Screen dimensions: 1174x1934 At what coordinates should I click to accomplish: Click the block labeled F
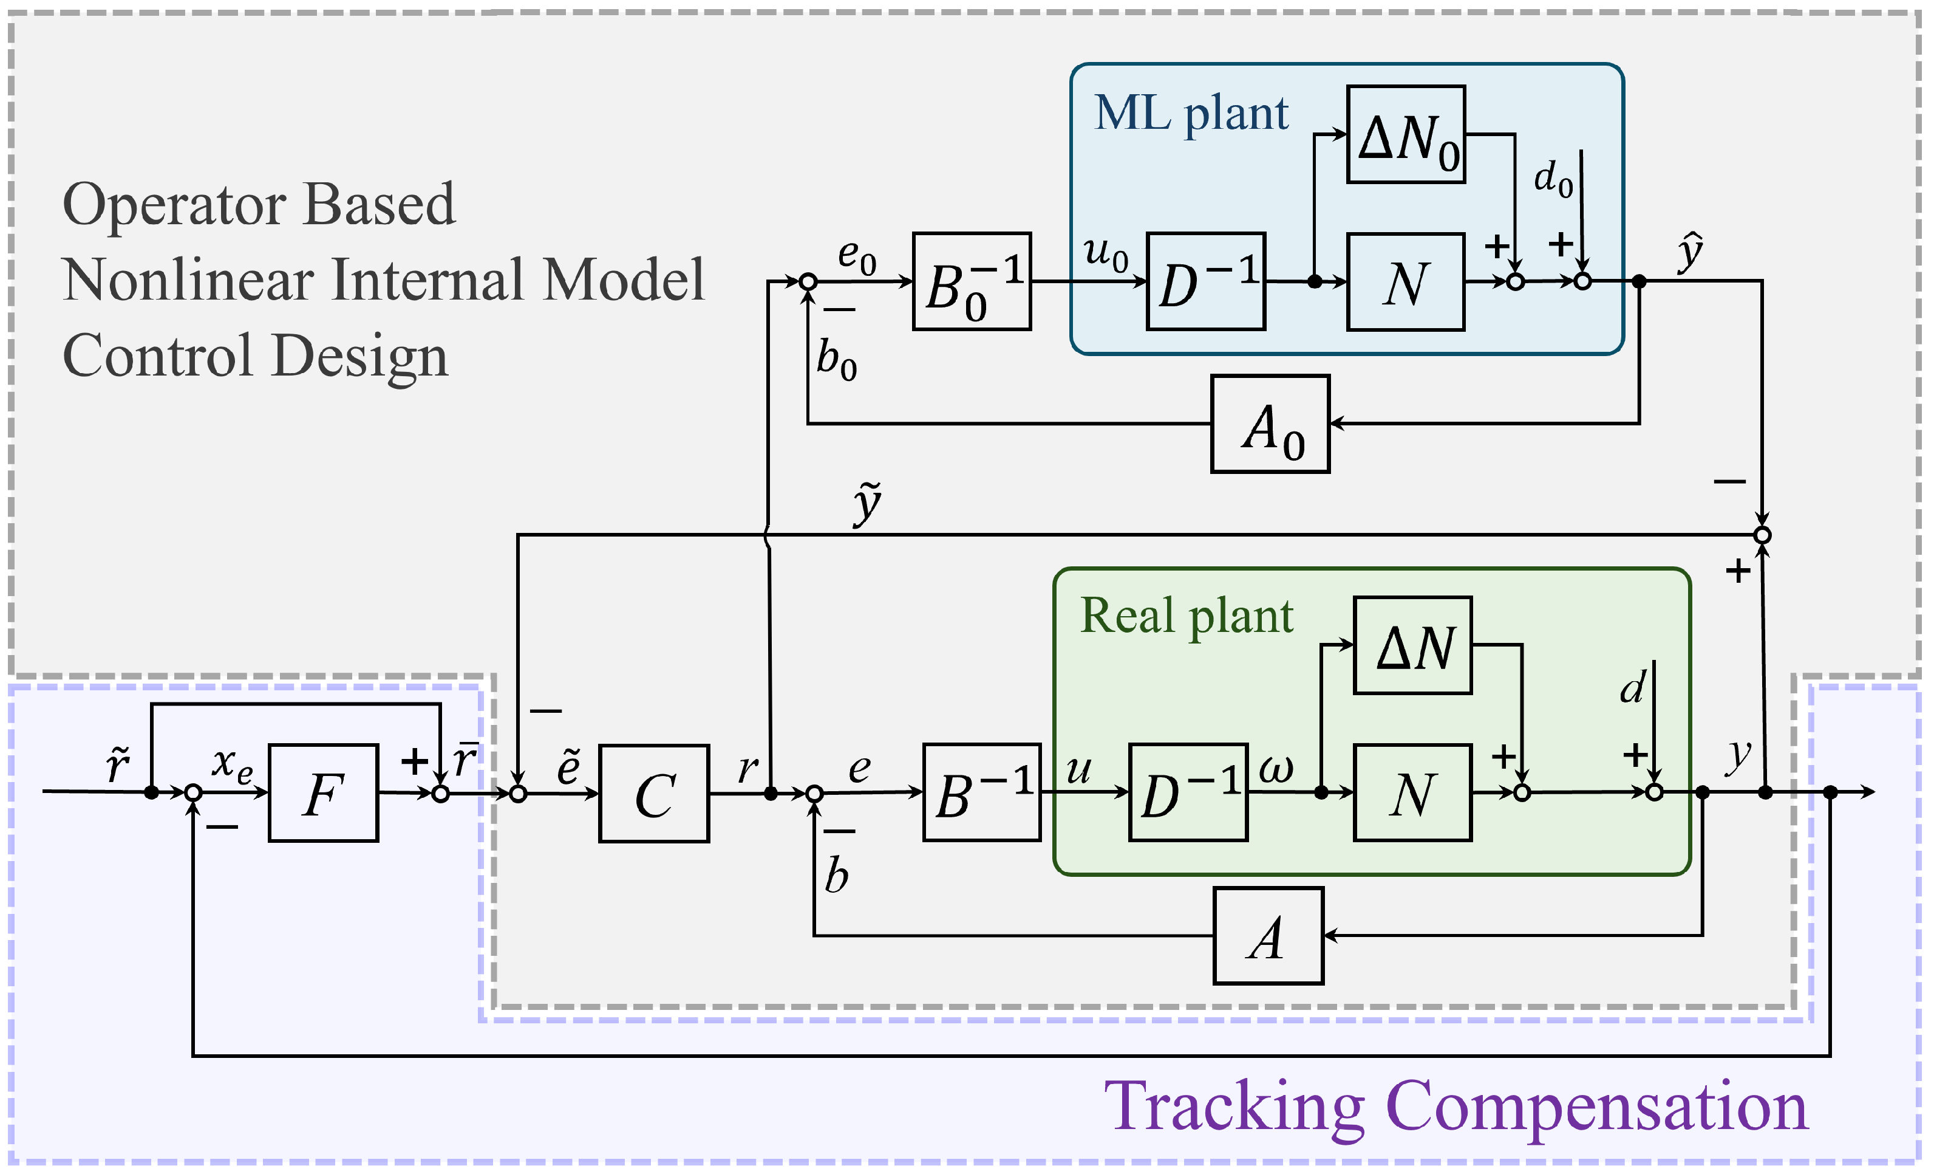point(324,793)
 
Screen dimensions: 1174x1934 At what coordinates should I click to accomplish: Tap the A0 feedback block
point(1270,424)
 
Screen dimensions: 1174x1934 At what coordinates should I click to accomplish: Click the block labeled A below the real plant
point(1268,936)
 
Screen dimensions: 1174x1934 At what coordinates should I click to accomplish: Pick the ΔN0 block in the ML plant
point(1406,134)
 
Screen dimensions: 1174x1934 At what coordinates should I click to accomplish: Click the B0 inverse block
point(972,281)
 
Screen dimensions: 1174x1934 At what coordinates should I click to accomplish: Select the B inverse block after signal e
point(982,792)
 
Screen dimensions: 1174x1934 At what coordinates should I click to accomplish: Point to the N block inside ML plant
point(1406,282)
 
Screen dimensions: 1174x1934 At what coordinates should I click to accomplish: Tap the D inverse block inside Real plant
point(1188,792)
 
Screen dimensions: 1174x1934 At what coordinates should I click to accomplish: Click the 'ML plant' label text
point(1191,114)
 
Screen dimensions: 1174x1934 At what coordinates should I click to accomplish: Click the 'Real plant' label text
point(1186,616)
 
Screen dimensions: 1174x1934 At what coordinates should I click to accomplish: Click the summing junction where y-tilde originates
point(1763,535)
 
